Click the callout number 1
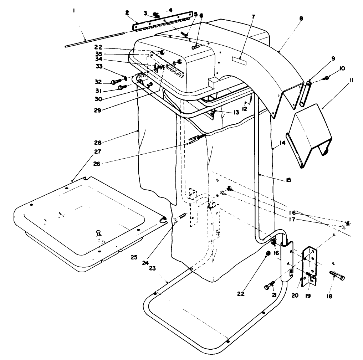click(x=73, y=11)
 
